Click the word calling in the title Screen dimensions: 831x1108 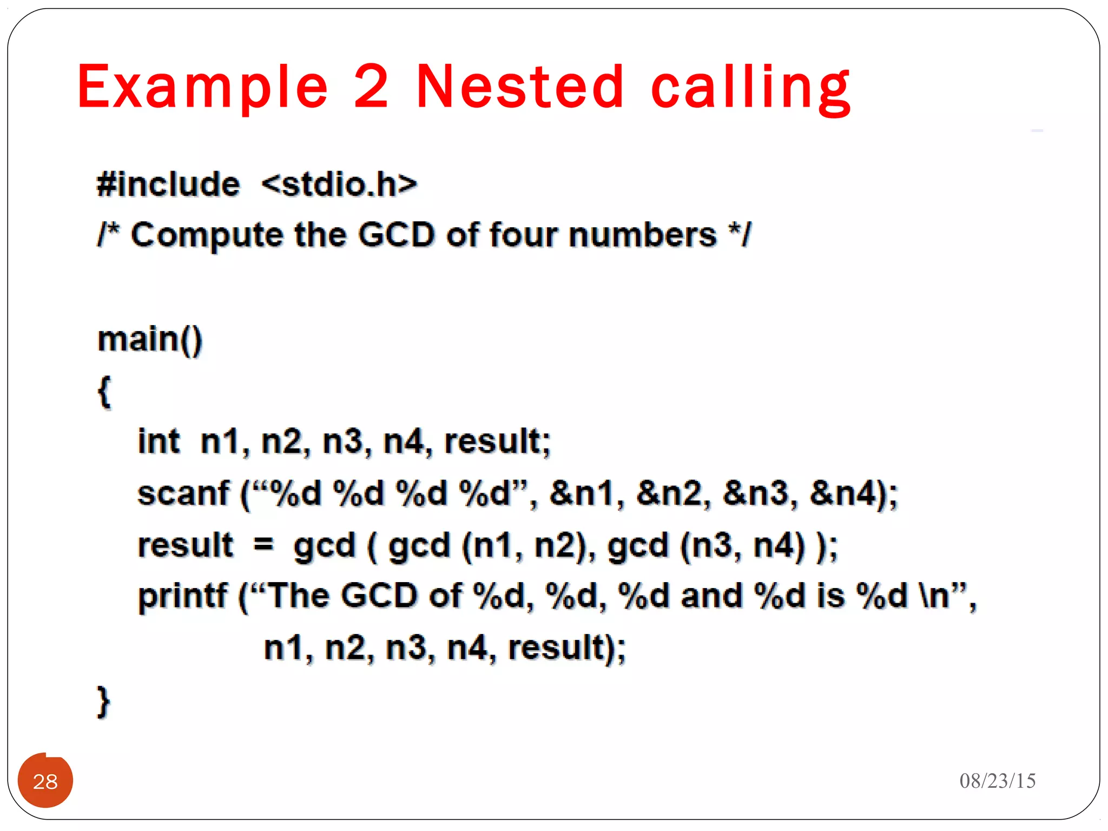tap(750, 88)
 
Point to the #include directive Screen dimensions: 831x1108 tap(168, 184)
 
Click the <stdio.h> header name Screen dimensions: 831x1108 tap(339, 184)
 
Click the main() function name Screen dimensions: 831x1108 tap(150, 340)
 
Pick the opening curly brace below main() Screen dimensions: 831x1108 tap(104, 391)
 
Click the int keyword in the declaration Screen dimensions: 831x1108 tap(159, 441)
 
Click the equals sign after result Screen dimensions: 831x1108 tap(263, 544)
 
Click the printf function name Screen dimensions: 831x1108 tap(182, 596)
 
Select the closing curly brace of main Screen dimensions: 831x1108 tap(103, 702)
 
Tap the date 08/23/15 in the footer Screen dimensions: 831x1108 tap(997, 781)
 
